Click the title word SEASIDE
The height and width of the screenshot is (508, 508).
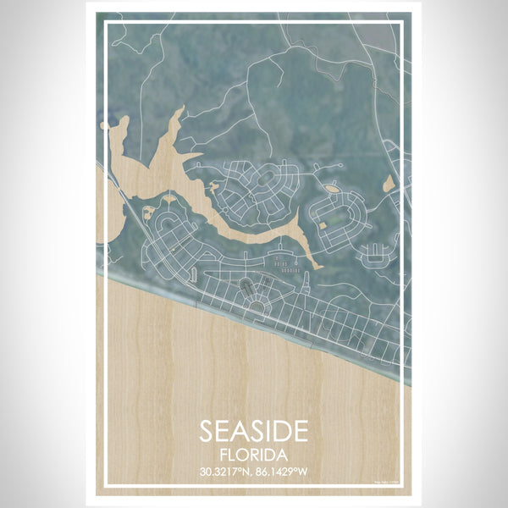tap(254, 430)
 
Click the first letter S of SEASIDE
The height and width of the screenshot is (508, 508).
tap(207, 430)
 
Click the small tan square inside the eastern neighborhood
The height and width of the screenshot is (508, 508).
tap(323, 224)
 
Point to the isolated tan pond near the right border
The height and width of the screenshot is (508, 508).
tap(389, 183)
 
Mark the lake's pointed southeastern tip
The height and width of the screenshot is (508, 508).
tap(319, 268)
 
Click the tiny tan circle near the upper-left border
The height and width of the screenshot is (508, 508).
tap(104, 125)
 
